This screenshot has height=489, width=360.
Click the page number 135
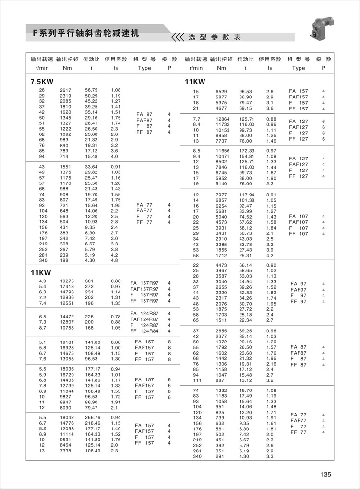pyautogui.click(x=326, y=475)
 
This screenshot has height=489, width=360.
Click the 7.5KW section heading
pyautogui.click(x=42, y=81)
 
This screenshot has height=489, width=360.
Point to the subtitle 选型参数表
pyautogui.click(x=214, y=37)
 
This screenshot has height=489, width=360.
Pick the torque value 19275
pyautogui.click(x=67, y=281)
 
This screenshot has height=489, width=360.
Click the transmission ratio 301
pyautogui.click(x=89, y=281)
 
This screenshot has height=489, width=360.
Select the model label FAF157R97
pyautogui.click(x=144, y=289)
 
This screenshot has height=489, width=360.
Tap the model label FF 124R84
pyautogui.click(x=144, y=331)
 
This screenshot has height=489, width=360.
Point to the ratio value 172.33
pyautogui.click(x=246, y=151)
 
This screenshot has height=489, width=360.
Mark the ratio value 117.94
pyautogui.click(x=246, y=195)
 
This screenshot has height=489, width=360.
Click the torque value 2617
pyautogui.click(x=66, y=90)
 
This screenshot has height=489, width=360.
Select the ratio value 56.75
pyautogui.click(x=91, y=90)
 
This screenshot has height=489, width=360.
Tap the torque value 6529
pyautogui.click(x=222, y=91)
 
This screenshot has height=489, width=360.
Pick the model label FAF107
pyautogui.click(x=299, y=222)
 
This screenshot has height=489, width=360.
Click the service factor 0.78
pyautogui.click(x=116, y=316)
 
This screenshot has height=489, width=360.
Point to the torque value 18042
pyautogui.click(x=67, y=417)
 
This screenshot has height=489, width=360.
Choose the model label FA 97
pyautogui.click(x=299, y=284)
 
